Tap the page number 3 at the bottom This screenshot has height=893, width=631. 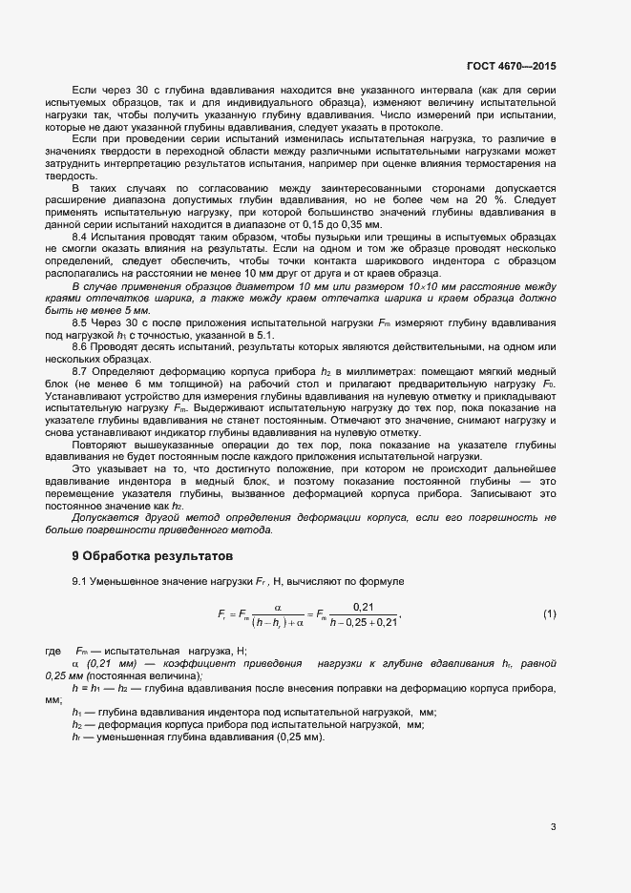click(x=553, y=826)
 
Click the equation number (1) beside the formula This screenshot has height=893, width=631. click(x=549, y=613)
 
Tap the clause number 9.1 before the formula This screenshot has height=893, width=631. click(x=80, y=581)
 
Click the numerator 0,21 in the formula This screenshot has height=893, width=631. click(x=363, y=607)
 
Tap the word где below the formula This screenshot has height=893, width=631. click(x=53, y=650)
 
